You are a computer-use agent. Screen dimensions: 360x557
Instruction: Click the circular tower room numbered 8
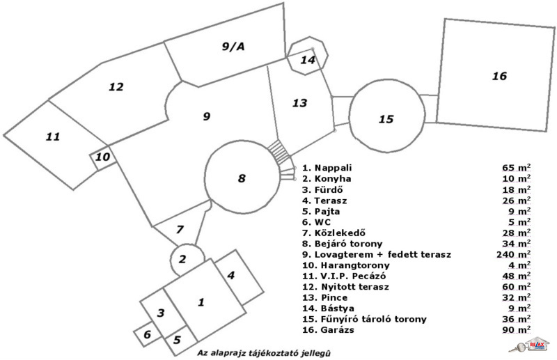(x=241, y=178)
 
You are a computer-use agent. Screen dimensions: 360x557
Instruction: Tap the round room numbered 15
(x=386, y=119)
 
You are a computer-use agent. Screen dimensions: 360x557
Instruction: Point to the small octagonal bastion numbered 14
(x=307, y=59)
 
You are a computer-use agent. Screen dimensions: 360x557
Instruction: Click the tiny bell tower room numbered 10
(x=102, y=157)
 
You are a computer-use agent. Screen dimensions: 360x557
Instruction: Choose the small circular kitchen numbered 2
(x=182, y=260)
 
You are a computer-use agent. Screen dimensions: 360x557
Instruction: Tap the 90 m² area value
(x=515, y=329)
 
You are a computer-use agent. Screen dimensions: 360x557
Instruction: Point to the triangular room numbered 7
(x=179, y=229)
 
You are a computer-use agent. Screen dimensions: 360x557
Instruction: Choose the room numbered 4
(x=231, y=275)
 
